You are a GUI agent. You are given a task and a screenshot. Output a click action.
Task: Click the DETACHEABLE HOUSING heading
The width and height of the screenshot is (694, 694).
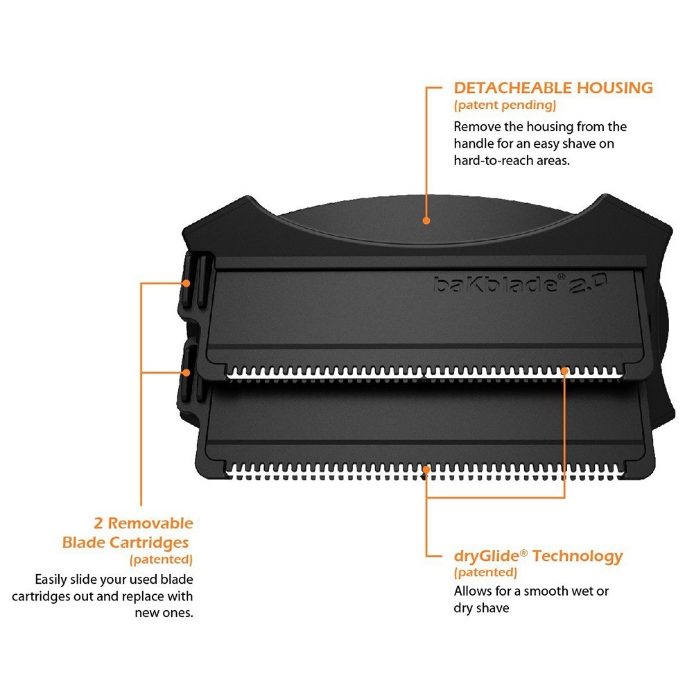click(x=553, y=87)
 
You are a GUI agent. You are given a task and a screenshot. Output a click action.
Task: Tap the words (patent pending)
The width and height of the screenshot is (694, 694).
click(x=505, y=105)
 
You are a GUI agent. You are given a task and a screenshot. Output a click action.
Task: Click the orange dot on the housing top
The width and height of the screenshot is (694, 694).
click(x=426, y=220)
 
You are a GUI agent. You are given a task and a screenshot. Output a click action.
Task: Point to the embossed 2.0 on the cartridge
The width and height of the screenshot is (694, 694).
click(x=588, y=284)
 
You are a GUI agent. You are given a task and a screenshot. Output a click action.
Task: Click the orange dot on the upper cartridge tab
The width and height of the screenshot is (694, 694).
click(x=186, y=284)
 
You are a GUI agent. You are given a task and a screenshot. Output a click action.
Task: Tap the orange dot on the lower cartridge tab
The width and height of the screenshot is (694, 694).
click(x=186, y=373)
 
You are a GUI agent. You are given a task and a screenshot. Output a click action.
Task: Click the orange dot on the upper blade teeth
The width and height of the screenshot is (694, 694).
click(x=564, y=370)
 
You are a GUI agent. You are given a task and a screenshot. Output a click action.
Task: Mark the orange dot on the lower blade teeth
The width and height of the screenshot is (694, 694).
click(x=426, y=469)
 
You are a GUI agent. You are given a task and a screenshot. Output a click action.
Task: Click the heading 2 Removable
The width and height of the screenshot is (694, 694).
click(x=144, y=523)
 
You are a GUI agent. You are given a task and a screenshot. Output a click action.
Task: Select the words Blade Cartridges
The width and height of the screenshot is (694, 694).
click(x=125, y=543)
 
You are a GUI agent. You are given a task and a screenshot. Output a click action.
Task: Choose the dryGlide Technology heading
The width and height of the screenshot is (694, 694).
click(x=538, y=556)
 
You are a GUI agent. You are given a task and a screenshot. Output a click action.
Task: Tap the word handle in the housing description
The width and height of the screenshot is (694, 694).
click(x=474, y=144)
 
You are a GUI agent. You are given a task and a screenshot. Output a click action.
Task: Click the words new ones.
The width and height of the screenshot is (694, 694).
click(x=164, y=613)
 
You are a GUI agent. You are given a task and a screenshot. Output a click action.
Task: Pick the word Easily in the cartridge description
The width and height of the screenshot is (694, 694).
click(x=51, y=580)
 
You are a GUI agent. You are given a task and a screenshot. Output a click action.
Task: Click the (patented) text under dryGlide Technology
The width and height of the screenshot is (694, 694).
click(x=485, y=573)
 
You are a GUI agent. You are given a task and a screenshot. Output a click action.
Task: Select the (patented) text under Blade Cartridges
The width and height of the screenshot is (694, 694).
click(x=161, y=560)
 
